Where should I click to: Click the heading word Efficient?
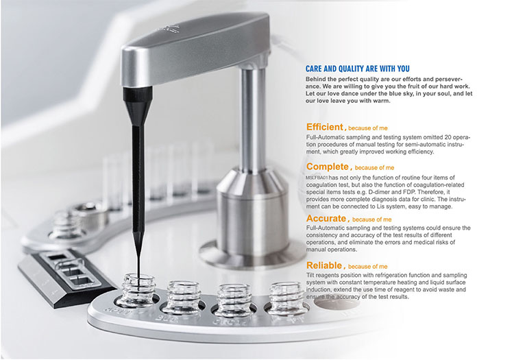[x=325, y=127]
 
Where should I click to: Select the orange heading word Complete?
[x=328, y=167]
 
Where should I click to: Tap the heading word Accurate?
[x=326, y=218]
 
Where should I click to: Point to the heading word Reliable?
[x=324, y=265]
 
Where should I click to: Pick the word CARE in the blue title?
[x=313, y=69]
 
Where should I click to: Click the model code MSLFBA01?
[x=317, y=178]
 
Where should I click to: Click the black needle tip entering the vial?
[x=139, y=278]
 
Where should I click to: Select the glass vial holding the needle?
[x=138, y=291]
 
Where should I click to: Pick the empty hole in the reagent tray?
[x=336, y=303]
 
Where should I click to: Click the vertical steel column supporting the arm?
[x=252, y=118]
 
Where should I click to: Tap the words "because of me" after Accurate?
[x=371, y=219]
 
